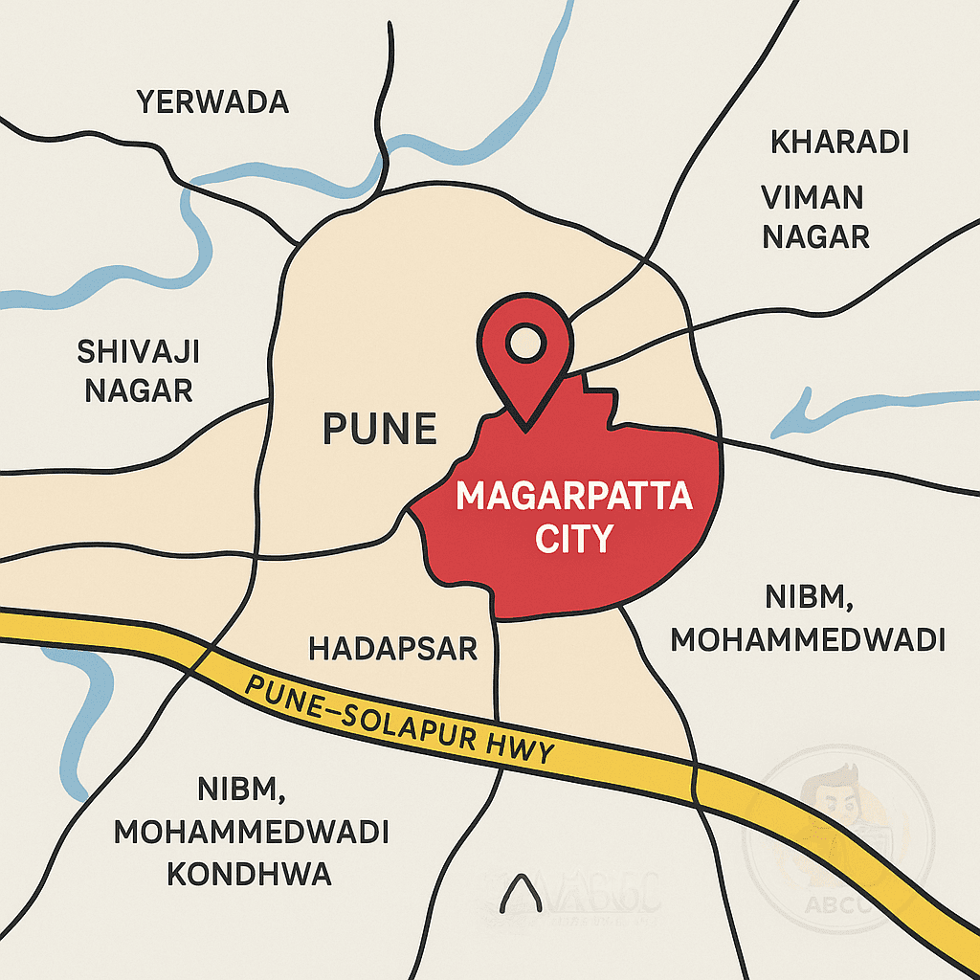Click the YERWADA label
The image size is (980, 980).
[212, 101]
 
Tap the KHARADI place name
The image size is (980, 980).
[839, 143]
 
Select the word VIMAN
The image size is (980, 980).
[813, 198]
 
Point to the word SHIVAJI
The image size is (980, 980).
[138, 352]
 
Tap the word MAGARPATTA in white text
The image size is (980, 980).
[573, 498]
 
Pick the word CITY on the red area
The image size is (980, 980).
[573, 539]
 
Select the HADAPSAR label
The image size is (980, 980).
[392, 649]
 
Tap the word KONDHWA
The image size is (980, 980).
[250, 874]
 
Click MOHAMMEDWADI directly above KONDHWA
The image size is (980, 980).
[251, 833]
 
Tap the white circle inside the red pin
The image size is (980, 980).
[523, 342]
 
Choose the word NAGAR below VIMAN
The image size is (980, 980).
[815, 235]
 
